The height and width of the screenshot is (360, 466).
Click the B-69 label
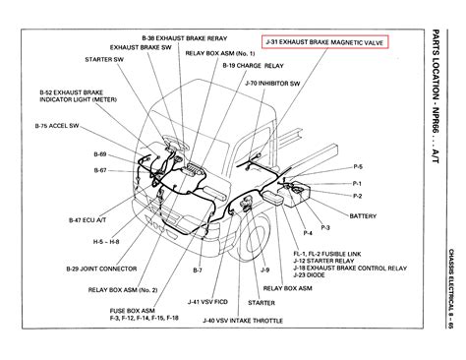pos(75,155)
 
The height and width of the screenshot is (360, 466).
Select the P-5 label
pos(358,166)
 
